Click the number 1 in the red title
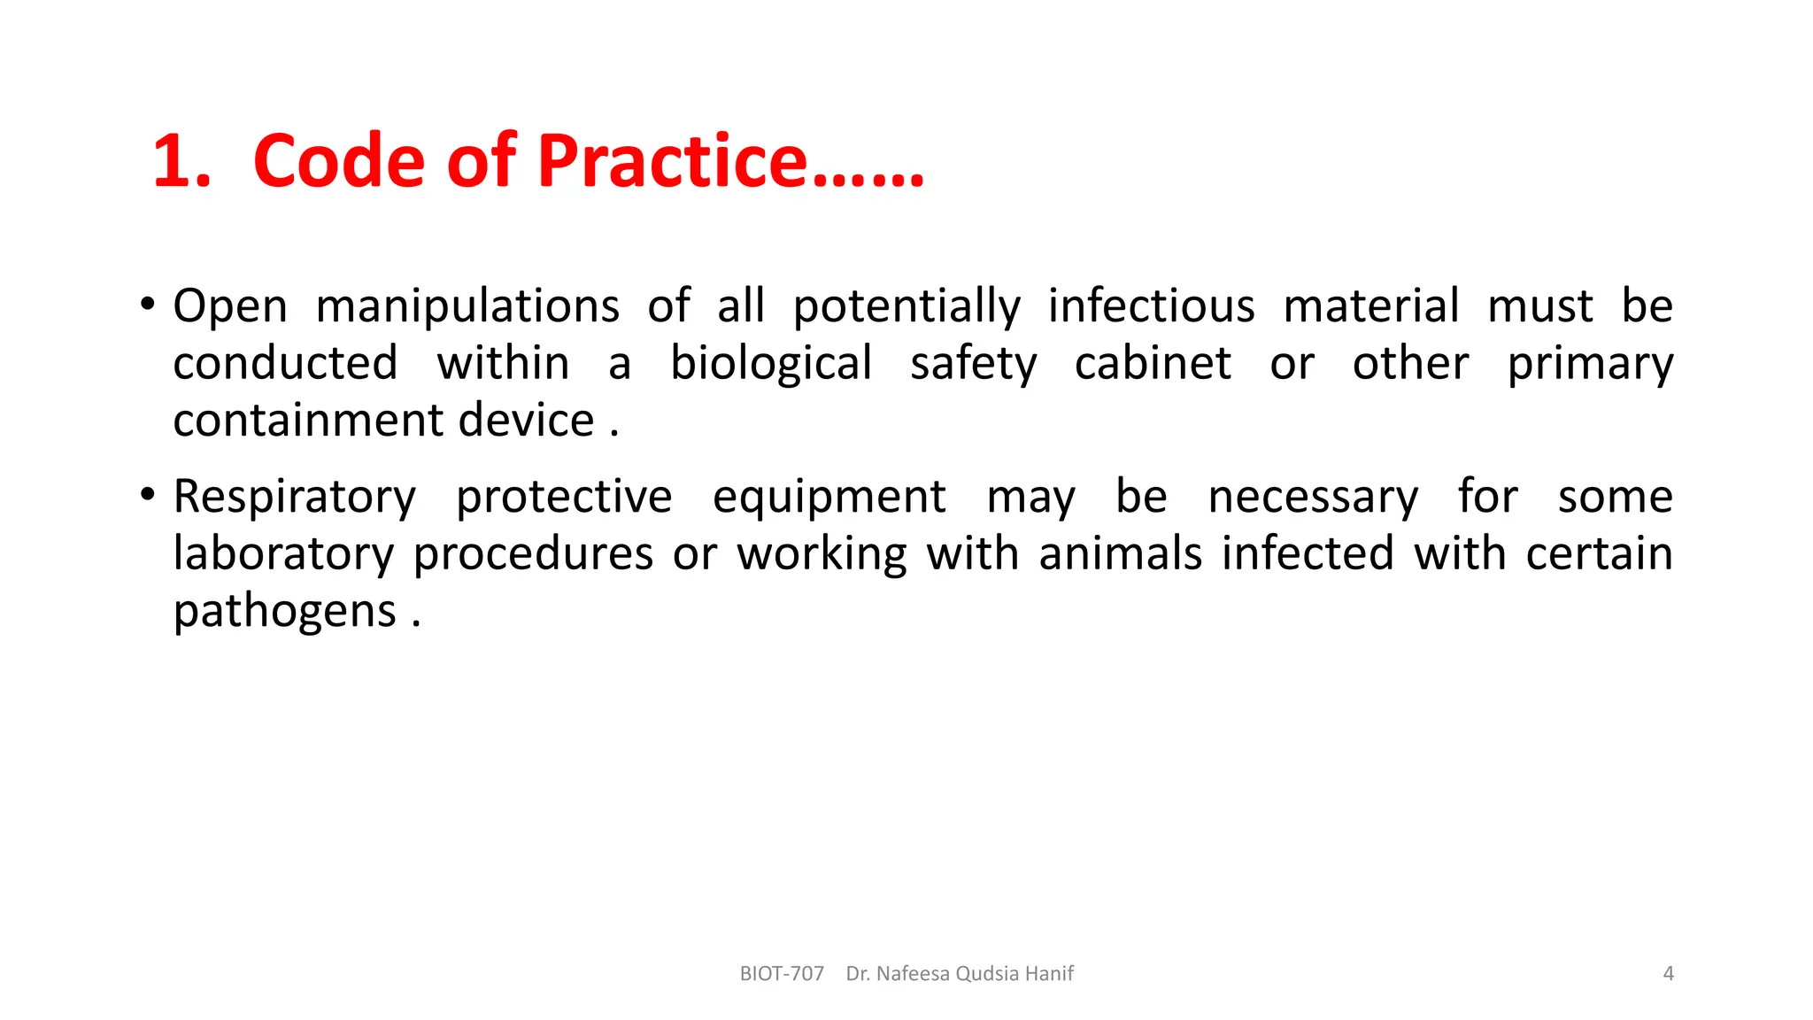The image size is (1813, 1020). pyautogui.click(x=177, y=161)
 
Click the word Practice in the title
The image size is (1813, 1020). pyautogui.click(x=673, y=161)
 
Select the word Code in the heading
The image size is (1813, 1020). pyautogui.click(x=339, y=161)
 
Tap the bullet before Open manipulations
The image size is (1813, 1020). pyautogui.click(x=148, y=305)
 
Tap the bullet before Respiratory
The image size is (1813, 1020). pyautogui.click(x=148, y=495)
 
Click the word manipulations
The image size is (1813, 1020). pyautogui.click(x=467, y=307)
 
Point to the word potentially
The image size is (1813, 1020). pyautogui.click(x=906, y=307)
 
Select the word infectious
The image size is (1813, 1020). pyautogui.click(x=1151, y=307)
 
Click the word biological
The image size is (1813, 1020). pyautogui.click(x=771, y=364)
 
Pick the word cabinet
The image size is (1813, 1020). pyautogui.click(x=1153, y=364)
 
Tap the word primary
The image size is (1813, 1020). pyautogui.click(x=1590, y=364)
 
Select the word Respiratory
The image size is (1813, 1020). pyautogui.click(x=294, y=498)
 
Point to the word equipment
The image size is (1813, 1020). pyautogui.click(x=829, y=498)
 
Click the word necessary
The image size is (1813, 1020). pyautogui.click(x=1313, y=498)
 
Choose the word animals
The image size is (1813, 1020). pyautogui.click(x=1120, y=554)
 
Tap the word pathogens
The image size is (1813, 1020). pyautogui.click(x=284, y=612)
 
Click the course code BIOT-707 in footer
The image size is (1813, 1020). pyautogui.click(x=782, y=974)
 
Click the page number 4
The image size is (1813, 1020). pyautogui.click(x=1668, y=974)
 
